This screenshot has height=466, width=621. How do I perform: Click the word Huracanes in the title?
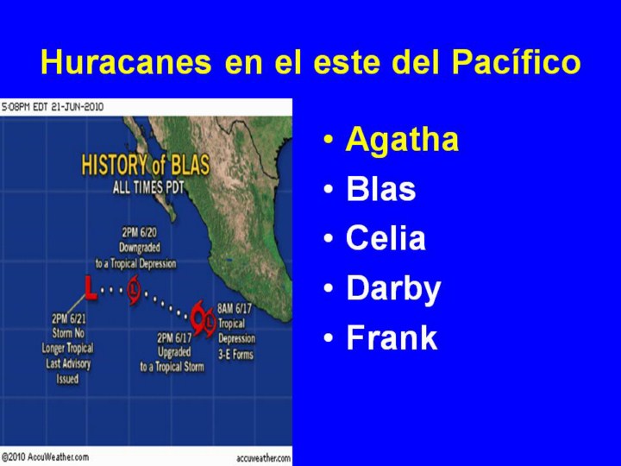tap(126, 62)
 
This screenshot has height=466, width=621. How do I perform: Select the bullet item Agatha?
tap(402, 141)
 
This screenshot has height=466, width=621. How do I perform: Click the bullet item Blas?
tap(381, 189)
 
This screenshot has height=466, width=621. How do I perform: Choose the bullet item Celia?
tap(386, 238)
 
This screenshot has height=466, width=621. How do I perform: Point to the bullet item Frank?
tap(392, 337)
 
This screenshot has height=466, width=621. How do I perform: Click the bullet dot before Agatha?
tap(329, 140)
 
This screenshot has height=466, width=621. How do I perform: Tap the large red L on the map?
tap(91, 288)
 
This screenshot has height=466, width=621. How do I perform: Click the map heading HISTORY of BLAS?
tap(146, 165)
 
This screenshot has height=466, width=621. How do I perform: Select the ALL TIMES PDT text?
tap(148, 187)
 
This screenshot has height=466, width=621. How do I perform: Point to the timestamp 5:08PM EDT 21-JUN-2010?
tap(53, 107)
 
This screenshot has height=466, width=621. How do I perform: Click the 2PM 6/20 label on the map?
tap(139, 232)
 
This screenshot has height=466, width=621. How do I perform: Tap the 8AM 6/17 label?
tap(235, 308)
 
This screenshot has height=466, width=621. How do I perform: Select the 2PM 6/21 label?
tap(68, 318)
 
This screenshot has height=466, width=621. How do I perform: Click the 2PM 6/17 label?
tap(174, 337)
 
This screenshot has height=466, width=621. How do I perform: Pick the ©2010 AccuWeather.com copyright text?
tap(45, 457)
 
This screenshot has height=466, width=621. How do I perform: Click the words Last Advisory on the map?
tap(68, 364)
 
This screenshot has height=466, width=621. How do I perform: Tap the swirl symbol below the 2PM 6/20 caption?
tap(135, 292)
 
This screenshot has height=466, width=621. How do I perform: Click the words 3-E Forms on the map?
tap(235, 355)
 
